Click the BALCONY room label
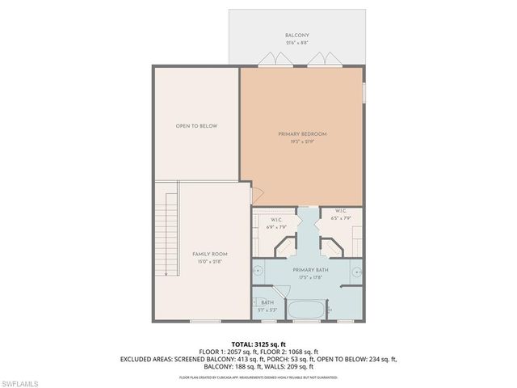297,36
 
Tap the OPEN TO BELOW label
197,126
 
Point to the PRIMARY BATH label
309,270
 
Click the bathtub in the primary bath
307,310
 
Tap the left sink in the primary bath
257,270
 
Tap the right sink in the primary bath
358,270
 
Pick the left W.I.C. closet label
275,219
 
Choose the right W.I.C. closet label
341,212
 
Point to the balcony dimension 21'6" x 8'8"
297,43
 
